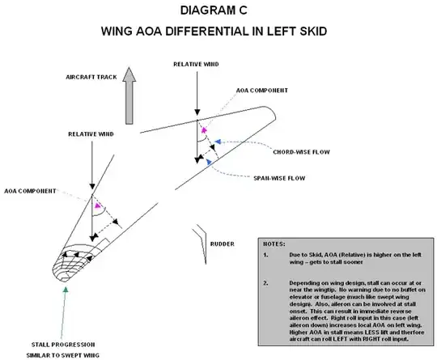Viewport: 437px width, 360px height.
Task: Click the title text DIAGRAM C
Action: (218, 12)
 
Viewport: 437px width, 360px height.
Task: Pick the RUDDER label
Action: (223, 242)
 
